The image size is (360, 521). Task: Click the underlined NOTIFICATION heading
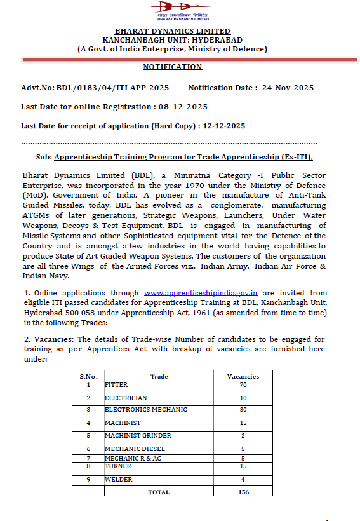tap(172, 67)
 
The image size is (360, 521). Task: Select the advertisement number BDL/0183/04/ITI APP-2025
tap(115, 88)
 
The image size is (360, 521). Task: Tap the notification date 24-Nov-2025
tap(288, 88)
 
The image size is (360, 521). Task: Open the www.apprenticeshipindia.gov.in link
tap(200, 293)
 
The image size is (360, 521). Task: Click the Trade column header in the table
tap(159, 376)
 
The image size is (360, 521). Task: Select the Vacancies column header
tap(243, 376)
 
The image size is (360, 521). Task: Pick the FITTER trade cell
tap(117, 385)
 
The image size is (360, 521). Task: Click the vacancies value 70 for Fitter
tap(243, 385)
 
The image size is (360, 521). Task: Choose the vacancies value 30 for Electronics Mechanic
tap(243, 410)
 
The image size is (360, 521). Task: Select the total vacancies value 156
tap(243, 492)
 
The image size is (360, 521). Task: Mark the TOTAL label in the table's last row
tap(159, 492)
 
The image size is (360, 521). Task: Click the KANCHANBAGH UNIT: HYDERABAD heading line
tap(172, 39)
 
